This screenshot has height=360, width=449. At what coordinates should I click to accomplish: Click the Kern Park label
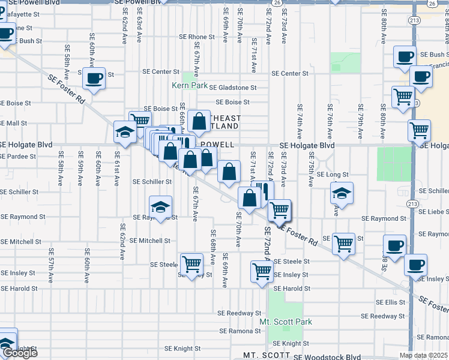pos(190,85)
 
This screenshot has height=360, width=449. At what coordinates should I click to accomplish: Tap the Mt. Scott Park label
pos(286,322)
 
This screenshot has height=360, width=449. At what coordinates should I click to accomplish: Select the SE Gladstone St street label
pos(233,88)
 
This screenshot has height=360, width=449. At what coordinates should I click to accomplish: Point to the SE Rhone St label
pos(197,37)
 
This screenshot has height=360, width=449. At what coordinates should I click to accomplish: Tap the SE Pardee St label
pos(18,156)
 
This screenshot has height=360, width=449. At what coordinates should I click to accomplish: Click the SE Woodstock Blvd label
pos(327,356)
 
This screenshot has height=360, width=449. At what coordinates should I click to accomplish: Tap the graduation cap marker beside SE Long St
pos(342,194)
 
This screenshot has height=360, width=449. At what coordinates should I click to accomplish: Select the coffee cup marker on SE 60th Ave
pos(94,78)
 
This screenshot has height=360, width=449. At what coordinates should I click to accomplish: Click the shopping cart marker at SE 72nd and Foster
pos(279,211)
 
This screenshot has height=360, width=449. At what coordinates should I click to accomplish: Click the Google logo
pos(19,353)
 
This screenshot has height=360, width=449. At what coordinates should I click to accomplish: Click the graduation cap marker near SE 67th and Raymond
pos(160,208)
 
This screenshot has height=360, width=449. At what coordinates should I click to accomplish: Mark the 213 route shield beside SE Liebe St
pos(412,204)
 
